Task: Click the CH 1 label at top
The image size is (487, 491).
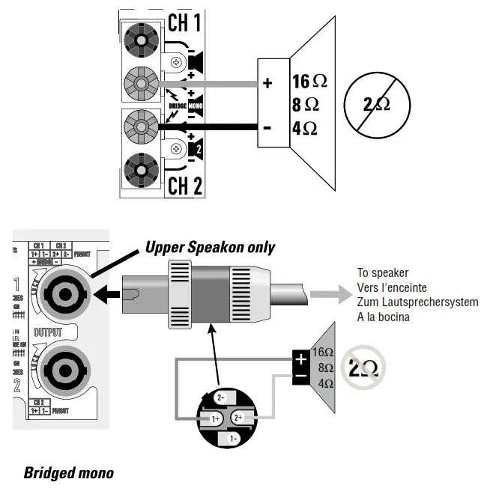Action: click(184, 22)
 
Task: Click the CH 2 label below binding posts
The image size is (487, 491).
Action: click(184, 185)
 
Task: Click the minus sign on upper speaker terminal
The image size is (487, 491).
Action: click(267, 127)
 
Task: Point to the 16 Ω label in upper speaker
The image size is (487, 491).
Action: click(309, 81)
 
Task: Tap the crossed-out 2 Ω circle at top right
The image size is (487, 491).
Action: click(376, 104)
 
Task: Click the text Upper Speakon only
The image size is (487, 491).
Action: click(210, 247)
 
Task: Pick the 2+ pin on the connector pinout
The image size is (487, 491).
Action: click(238, 417)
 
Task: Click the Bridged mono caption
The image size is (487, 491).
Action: click(69, 472)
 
